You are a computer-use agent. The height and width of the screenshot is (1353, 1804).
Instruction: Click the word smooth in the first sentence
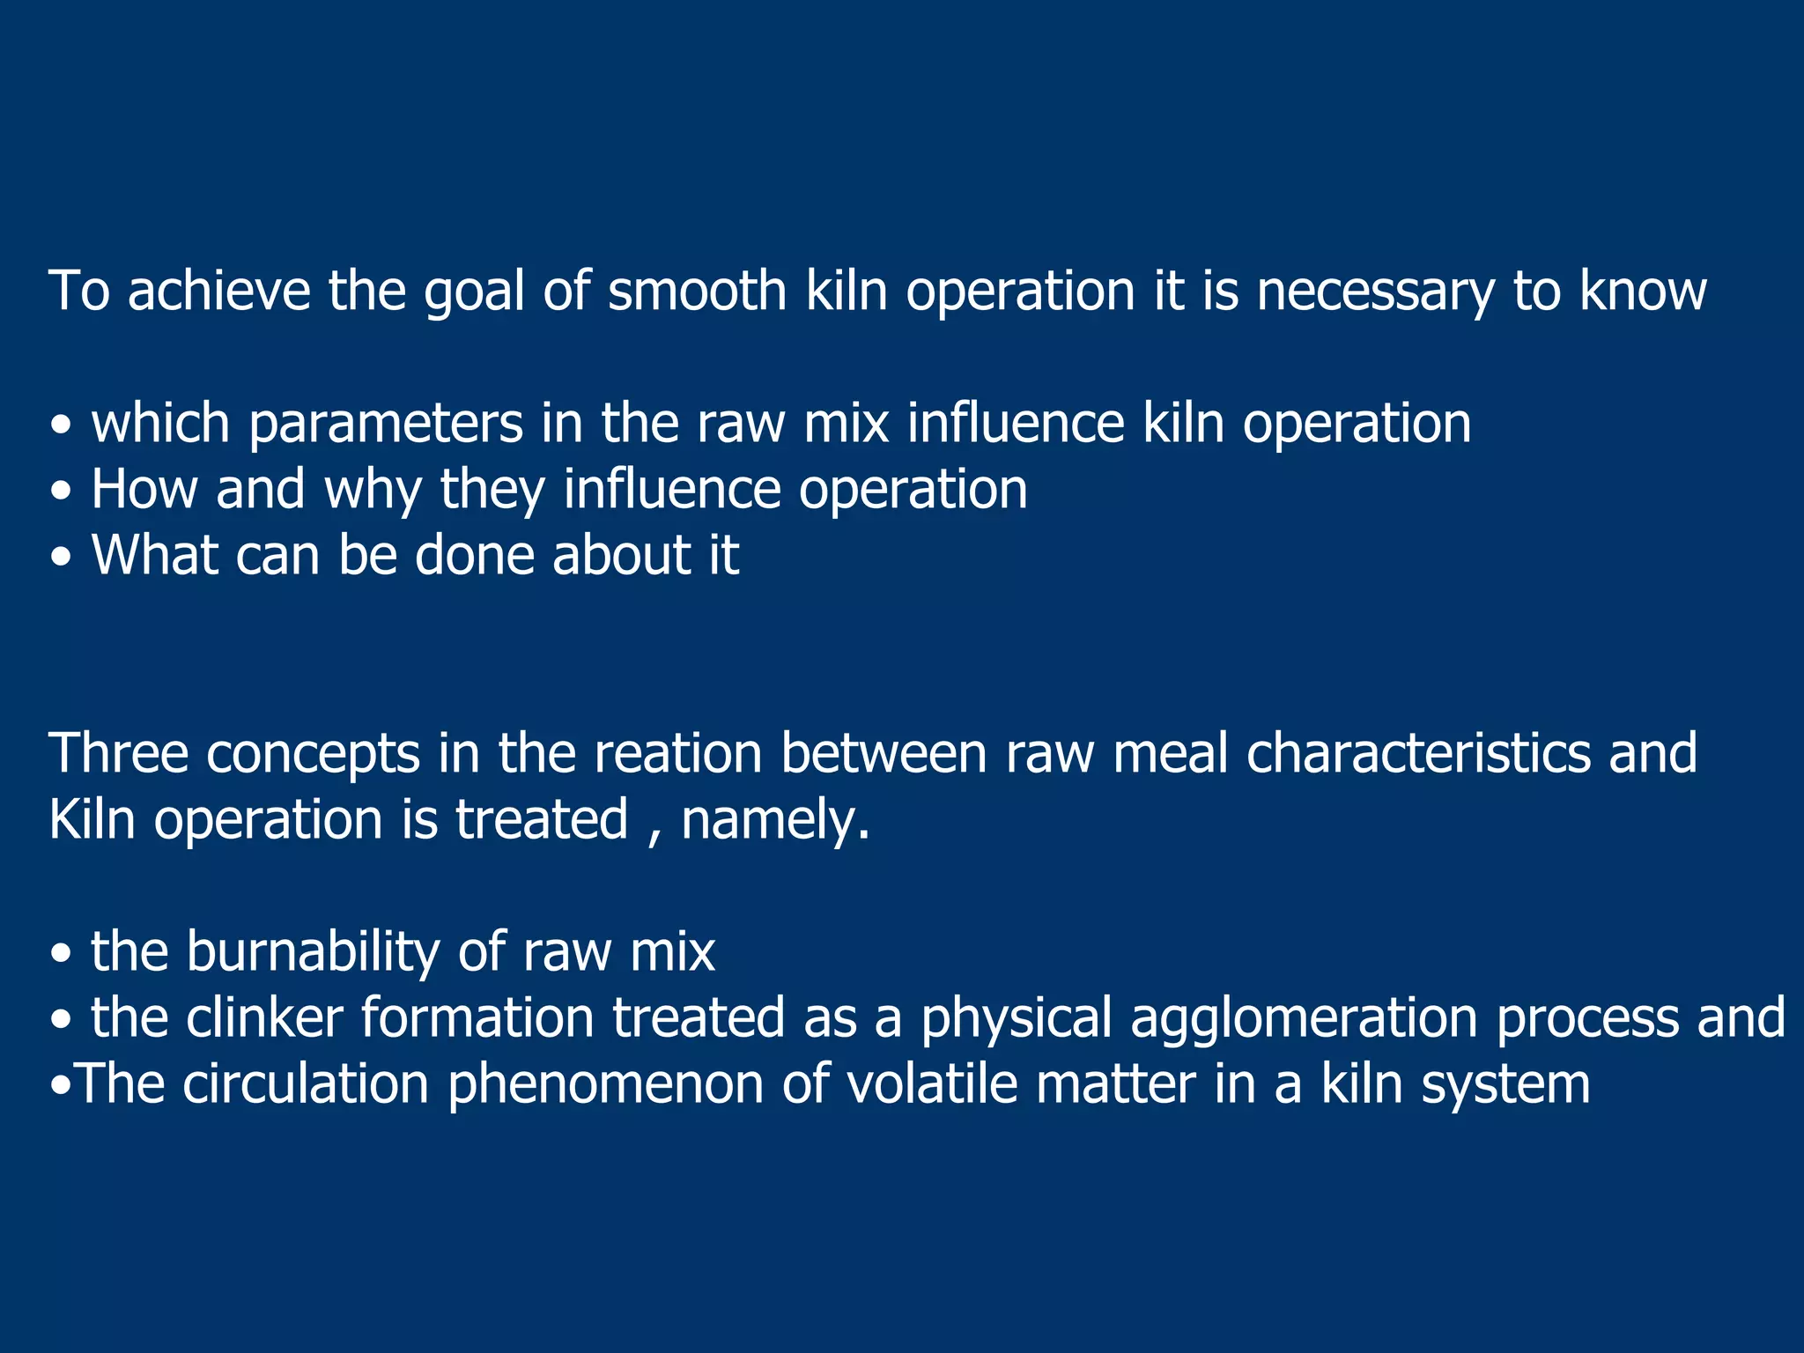pos(697,291)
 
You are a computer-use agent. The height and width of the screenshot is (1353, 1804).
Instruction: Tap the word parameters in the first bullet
pos(386,425)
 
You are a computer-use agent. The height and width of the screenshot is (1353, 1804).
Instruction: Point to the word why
pos(373,491)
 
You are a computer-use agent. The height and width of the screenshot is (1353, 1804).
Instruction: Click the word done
pos(474,555)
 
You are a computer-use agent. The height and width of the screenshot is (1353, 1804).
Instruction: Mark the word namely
pos(775,821)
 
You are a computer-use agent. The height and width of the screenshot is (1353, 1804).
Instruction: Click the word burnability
pos(313,952)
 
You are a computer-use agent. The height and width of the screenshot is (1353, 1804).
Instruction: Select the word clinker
pos(264,1017)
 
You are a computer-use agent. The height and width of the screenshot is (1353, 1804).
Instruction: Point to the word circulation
pos(306,1083)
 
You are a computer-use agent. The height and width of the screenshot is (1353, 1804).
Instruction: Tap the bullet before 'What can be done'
pos(61,558)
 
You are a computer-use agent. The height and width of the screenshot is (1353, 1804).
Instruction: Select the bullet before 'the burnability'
pos(61,955)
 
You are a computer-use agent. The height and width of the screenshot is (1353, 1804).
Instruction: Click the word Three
pos(119,754)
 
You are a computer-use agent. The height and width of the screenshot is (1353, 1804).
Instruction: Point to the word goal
pos(474,292)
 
